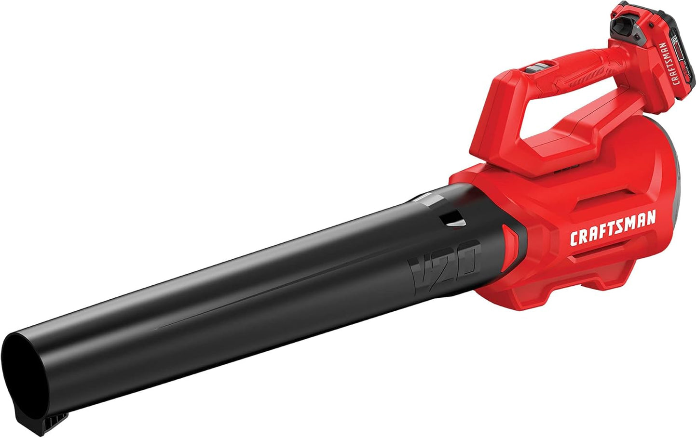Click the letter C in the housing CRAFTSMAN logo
tap(575, 239)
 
